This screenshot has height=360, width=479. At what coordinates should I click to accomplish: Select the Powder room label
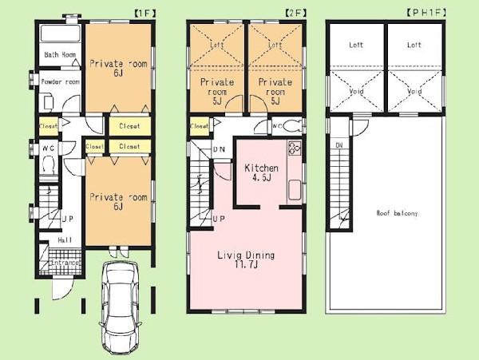pyautogui.click(x=60, y=81)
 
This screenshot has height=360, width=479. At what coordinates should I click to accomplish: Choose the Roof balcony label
pyautogui.click(x=396, y=213)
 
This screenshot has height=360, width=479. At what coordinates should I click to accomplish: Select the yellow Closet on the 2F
pyautogui.click(x=199, y=125)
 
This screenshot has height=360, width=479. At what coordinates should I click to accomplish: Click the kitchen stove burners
pyautogui.click(x=293, y=148)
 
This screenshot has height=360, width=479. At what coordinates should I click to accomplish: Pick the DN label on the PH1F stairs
pyautogui.click(x=339, y=144)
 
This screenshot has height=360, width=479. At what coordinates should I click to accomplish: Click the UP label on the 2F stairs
pyautogui.click(x=218, y=219)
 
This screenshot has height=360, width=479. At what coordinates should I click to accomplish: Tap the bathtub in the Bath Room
pyautogui.click(x=58, y=35)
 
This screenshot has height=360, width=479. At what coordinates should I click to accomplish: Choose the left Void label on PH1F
pyautogui.click(x=358, y=92)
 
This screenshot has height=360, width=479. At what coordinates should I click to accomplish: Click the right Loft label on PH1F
pyautogui.click(x=414, y=45)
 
